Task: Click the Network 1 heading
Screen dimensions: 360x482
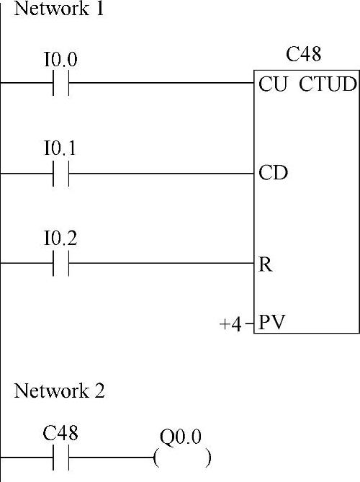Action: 59,9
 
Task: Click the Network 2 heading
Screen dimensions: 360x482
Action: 59,390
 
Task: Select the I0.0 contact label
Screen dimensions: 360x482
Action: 60,59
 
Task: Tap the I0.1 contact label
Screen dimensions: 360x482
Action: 60,148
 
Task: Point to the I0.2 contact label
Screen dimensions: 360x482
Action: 60,238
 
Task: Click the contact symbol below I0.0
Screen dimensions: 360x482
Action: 60,83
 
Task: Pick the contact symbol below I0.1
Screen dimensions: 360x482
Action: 60,174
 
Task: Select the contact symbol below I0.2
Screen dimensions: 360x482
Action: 60,264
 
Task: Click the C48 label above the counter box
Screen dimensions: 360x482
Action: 304,54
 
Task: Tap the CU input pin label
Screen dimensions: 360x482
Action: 273,84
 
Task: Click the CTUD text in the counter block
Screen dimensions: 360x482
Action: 328,84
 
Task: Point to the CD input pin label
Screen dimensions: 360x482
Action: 273,172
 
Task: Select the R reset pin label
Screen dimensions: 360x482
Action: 266,264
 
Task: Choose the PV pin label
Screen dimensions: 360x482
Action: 272,322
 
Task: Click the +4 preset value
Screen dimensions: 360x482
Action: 230,324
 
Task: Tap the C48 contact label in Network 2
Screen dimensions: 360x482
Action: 60,433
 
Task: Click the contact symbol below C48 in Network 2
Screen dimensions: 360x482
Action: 60,458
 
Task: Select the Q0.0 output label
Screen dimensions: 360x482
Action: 181,437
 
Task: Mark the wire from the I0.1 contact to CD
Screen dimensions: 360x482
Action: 161,174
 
